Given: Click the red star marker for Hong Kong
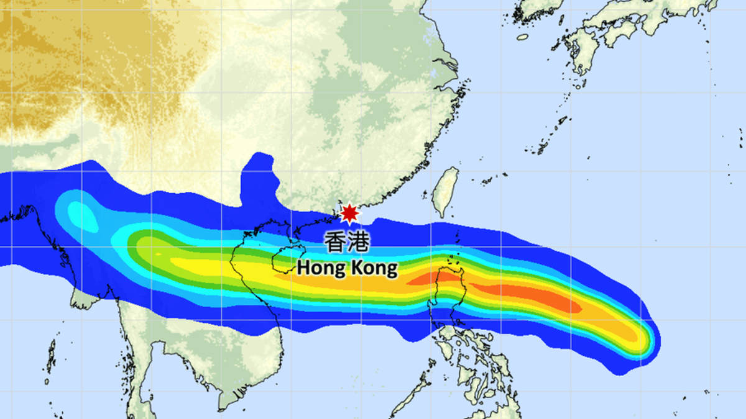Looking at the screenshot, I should (349, 213).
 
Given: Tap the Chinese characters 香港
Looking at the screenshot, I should (347, 242).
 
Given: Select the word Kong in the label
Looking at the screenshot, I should (373, 268).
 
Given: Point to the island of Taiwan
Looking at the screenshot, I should (445, 192).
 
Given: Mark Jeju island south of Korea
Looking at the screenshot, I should (522, 37).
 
